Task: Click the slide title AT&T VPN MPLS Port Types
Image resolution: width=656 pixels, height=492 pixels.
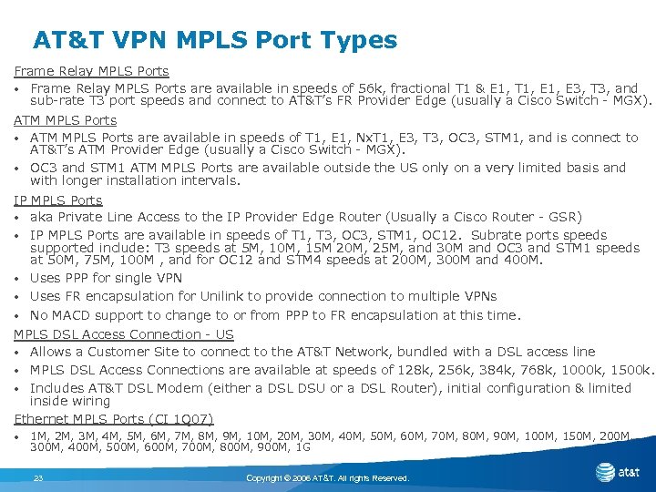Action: (x=215, y=40)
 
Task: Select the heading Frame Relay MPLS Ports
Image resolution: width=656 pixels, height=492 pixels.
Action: (x=91, y=70)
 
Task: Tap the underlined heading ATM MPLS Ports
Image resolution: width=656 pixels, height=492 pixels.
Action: (x=65, y=119)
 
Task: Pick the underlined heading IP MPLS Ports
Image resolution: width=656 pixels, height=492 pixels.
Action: (x=57, y=200)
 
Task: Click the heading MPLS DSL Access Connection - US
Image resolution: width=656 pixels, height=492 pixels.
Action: (x=123, y=334)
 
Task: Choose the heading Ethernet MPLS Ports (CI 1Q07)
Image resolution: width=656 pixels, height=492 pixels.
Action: (x=114, y=418)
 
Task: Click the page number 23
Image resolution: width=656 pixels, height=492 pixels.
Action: (x=38, y=478)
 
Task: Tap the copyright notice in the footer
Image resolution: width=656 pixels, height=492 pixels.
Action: (x=328, y=478)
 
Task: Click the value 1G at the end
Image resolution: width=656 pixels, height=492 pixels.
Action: (x=301, y=448)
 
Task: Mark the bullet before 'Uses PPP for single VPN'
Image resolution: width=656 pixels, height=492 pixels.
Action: (x=18, y=279)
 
